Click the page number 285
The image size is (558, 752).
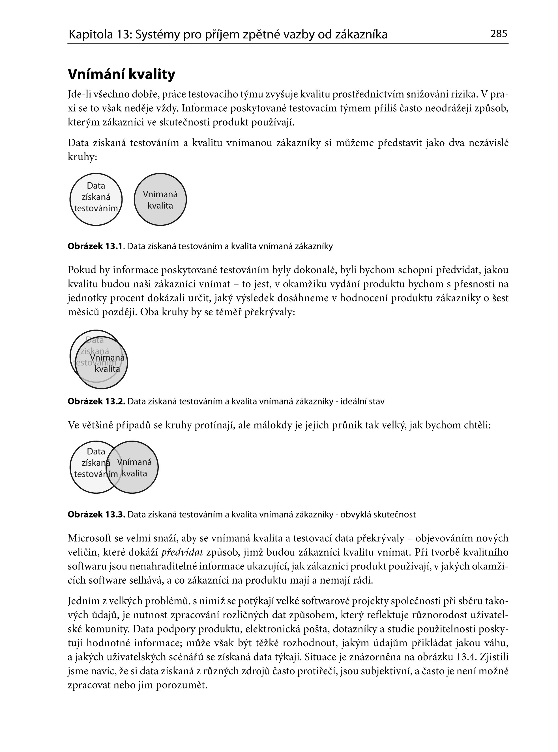[499, 34]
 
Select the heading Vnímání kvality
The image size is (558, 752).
[121, 75]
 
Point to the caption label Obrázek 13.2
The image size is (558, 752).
[96, 402]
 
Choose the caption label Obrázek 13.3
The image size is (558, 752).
[96, 515]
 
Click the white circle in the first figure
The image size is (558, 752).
[96, 199]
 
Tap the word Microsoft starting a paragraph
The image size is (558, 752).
[89, 538]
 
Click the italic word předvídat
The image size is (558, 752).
[182, 552]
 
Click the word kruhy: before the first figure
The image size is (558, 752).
[82, 157]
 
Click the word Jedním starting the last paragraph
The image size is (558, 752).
[84, 601]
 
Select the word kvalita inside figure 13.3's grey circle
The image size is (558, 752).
[134, 473]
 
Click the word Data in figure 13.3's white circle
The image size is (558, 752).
[96, 451]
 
